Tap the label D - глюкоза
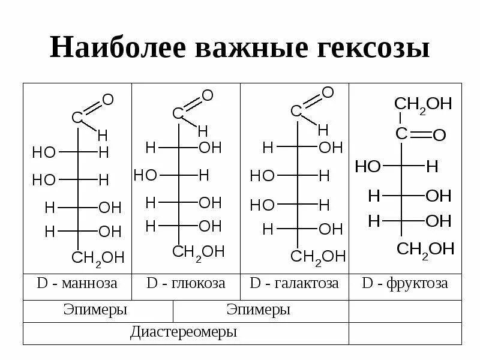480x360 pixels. point(186,283)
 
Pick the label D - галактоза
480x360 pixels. point(294,283)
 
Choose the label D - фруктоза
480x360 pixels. point(405,283)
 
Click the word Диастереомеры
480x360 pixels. point(184,332)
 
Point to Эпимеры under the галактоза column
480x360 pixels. point(259,310)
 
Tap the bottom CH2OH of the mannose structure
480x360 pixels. point(98,258)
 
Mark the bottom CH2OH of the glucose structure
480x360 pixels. point(199,251)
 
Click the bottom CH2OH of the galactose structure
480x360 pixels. point(318,257)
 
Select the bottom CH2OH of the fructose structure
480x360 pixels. point(425,248)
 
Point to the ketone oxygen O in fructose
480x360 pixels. point(439,136)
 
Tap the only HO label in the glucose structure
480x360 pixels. point(145,175)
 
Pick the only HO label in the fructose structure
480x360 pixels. point(368,166)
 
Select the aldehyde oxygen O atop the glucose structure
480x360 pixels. point(208,95)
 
